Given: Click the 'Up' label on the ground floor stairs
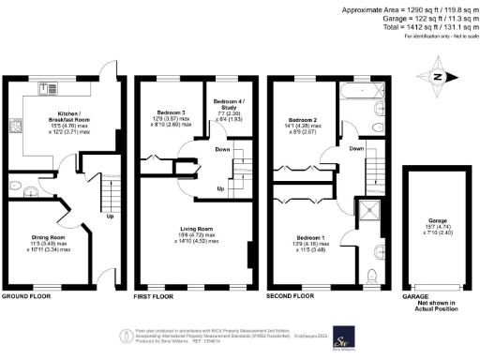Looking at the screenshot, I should coord(110,217).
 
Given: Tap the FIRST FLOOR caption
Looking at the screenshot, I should coord(156,295).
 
